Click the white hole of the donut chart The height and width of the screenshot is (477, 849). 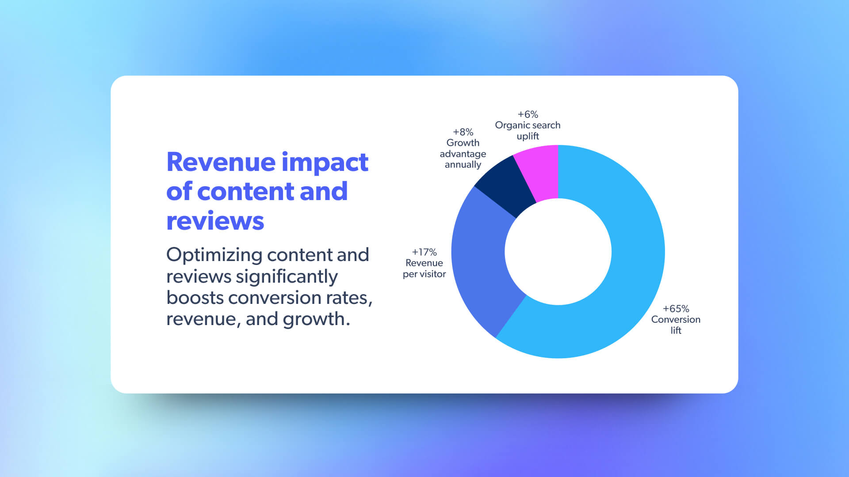(558, 252)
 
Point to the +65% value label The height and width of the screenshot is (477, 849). (676, 309)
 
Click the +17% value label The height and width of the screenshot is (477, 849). (424, 252)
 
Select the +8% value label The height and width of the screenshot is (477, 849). (463, 132)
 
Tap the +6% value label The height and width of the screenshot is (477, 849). (528, 114)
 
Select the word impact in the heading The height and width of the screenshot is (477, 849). (325, 163)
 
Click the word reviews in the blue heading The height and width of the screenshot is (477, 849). (215, 221)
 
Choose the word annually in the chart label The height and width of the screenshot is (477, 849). (463, 165)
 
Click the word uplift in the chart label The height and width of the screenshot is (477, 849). (528, 136)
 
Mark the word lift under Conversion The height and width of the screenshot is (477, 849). (676, 330)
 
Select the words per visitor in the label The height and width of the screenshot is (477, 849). (424, 274)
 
